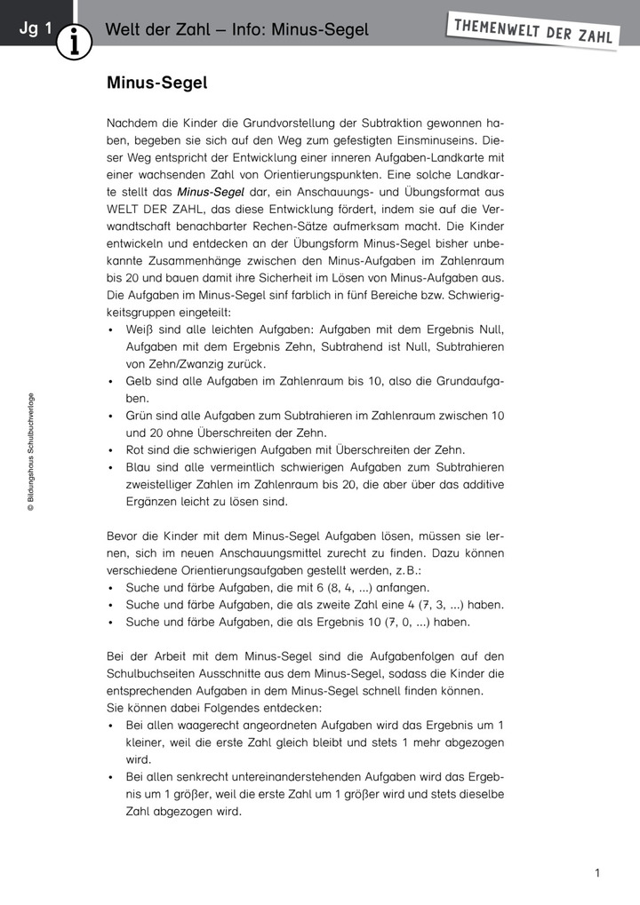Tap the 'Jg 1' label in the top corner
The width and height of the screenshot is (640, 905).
click(x=35, y=28)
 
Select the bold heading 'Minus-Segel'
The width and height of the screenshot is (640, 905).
click(x=156, y=83)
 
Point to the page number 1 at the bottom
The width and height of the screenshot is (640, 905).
click(x=597, y=873)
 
